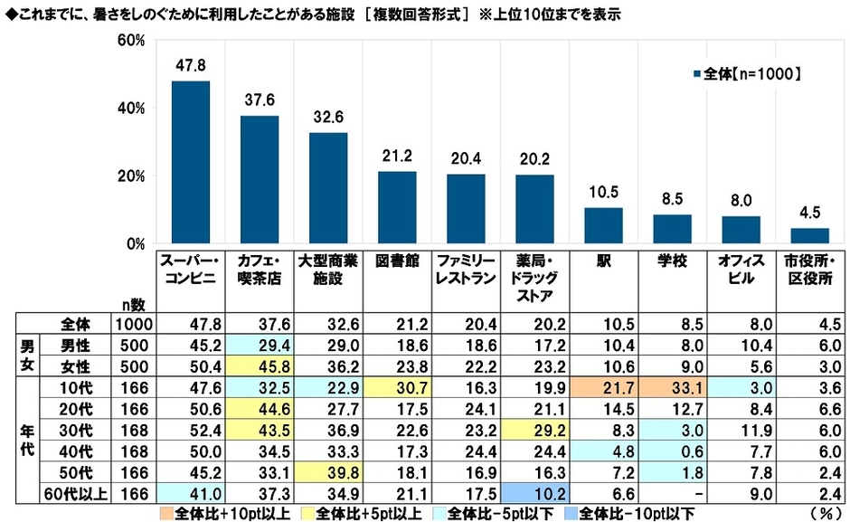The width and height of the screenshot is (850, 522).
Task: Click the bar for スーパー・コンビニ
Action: (x=190, y=163)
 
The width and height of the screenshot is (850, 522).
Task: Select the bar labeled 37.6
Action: (x=259, y=180)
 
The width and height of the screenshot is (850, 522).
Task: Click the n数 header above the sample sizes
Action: (x=132, y=305)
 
